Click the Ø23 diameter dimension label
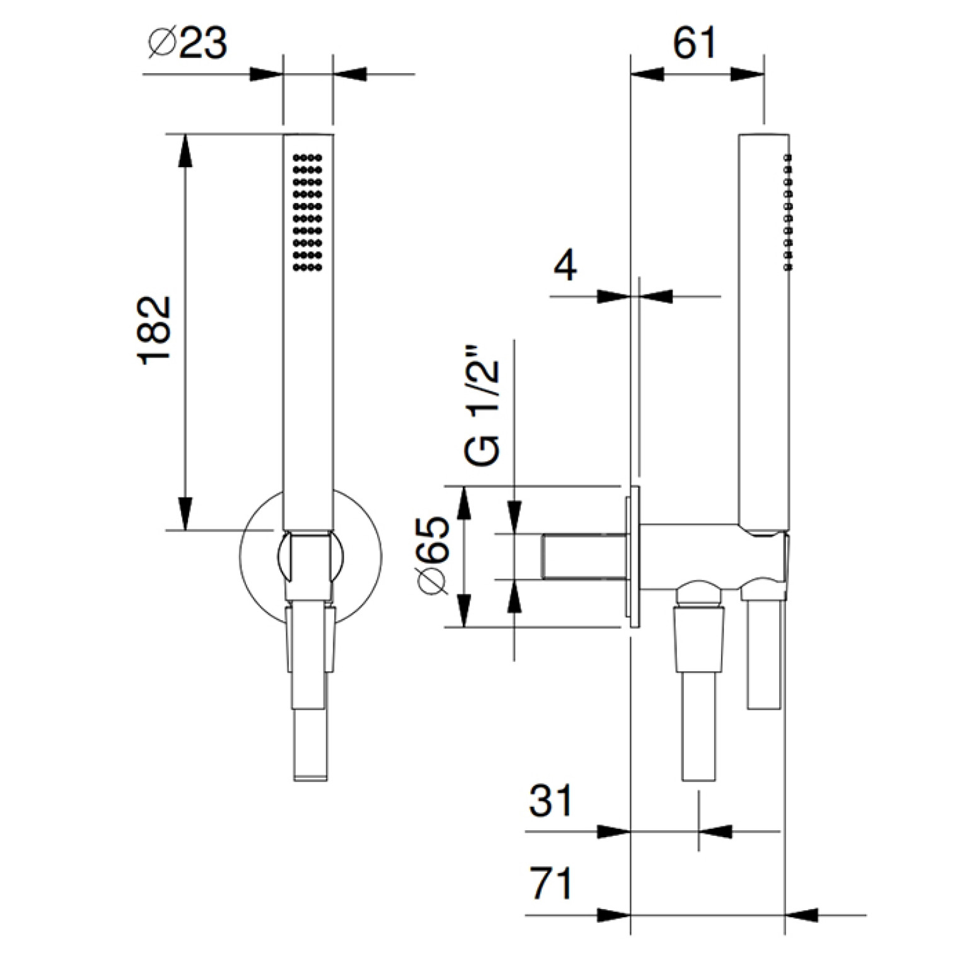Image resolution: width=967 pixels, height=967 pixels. [187, 44]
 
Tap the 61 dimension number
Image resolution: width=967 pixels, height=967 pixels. [694, 44]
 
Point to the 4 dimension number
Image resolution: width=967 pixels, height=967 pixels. [565, 267]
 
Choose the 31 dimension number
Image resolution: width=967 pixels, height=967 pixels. [550, 801]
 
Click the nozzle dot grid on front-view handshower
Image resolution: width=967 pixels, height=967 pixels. [308, 212]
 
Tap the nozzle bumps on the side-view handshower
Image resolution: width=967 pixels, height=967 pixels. [787, 212]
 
